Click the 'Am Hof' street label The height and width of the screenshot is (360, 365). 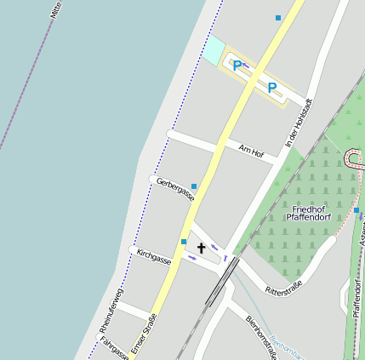click(x=251, y=151)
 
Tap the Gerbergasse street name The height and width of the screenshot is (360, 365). click(x=175, y=189)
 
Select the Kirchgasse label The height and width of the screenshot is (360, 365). click(x=154, y=257)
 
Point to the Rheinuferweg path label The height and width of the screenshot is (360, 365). click(x=111, y=310)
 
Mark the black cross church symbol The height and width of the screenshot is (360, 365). click(x=202, y=248)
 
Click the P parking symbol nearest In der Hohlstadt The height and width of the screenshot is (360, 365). click(x=272, y=87)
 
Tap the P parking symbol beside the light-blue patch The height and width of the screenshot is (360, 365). click(x=237, y=64)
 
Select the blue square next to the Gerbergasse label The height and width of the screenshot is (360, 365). click(x=194, y=186)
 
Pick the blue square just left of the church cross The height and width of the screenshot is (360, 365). click(x=184, y=243)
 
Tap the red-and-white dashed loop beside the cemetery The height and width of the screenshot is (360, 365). click(x=355, y=158)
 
